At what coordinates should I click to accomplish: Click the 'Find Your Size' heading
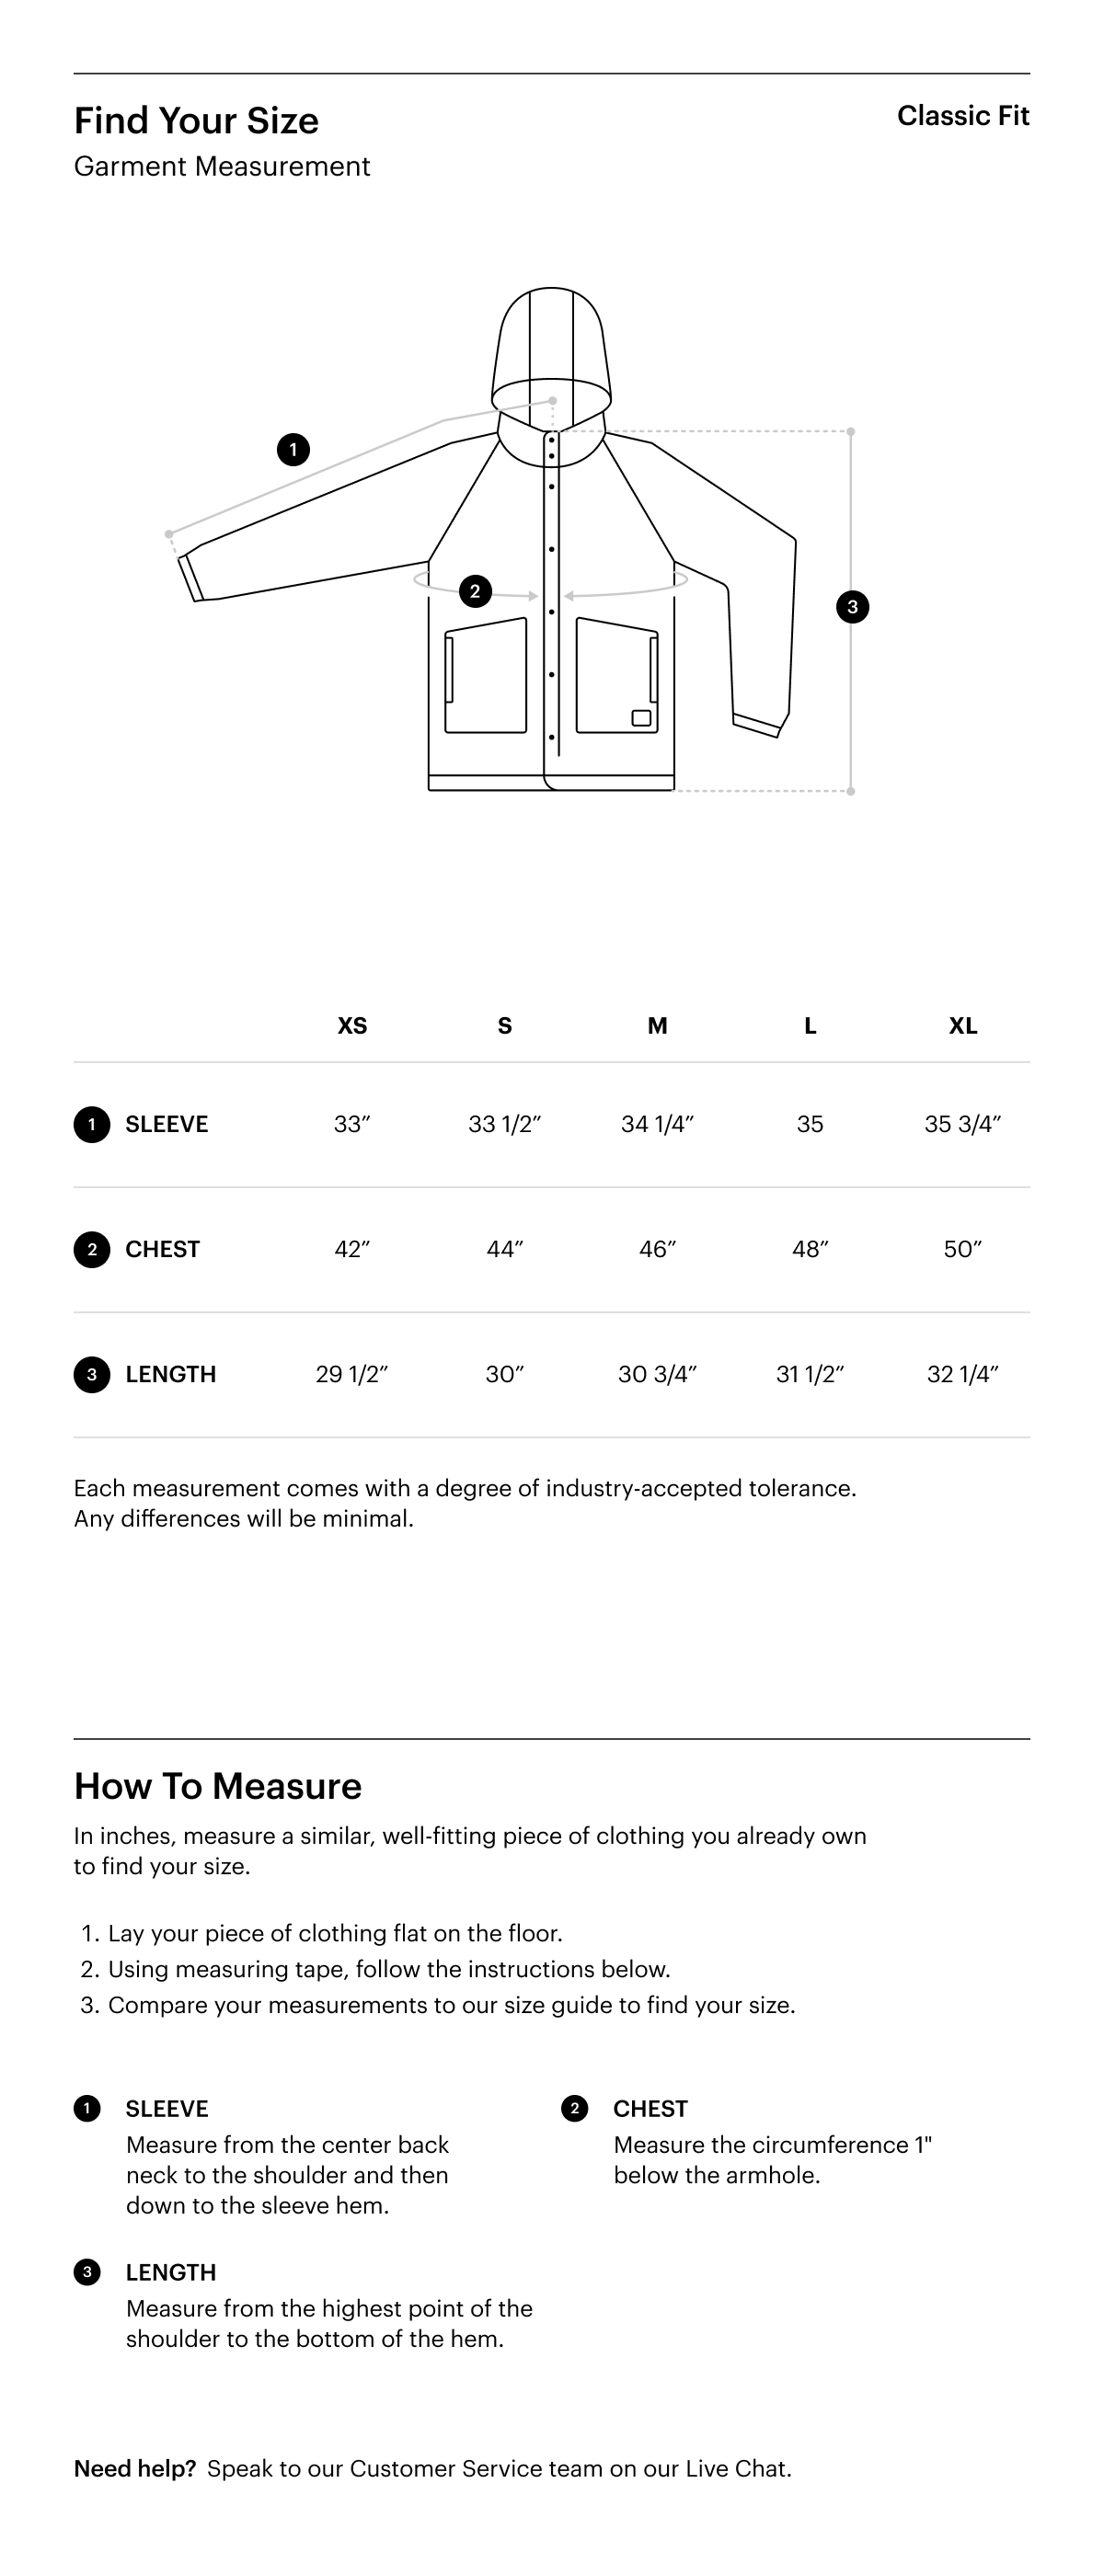(196, 120)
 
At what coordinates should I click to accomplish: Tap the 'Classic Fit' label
(962, 116)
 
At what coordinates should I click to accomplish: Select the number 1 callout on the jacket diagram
(293, 450)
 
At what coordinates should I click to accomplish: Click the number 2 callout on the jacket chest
(475, 591)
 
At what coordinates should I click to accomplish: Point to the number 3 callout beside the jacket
(852, 606)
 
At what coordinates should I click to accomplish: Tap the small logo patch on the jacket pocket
(641, 717)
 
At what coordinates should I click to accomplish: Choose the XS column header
(351, 1025)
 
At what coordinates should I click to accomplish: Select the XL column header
(962, 1025)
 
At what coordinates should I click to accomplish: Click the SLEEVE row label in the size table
(167, 1125)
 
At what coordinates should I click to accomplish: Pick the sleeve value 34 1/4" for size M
(657, 1125)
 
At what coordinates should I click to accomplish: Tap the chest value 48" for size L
(810, 1249)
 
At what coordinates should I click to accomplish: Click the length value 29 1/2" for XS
(351, 1374)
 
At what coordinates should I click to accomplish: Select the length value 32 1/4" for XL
(962, 1374)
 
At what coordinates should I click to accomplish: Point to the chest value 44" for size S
(504, 1249)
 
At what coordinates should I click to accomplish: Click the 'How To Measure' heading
(218, 1786)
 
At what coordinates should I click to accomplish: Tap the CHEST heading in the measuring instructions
(650, 2108)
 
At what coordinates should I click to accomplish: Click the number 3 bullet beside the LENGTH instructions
(87, 2272)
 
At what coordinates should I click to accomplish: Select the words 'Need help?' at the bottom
(134, 2469)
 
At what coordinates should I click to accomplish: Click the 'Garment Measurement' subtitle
(222, 166)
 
